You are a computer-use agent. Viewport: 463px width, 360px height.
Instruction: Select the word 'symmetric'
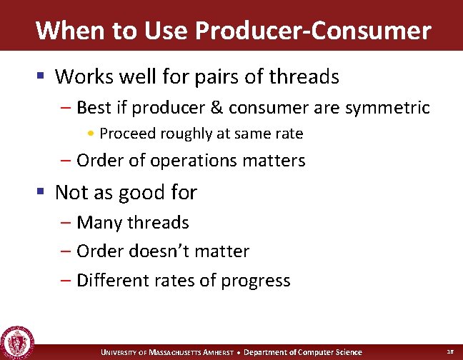388,108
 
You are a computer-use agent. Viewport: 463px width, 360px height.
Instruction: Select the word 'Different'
109,281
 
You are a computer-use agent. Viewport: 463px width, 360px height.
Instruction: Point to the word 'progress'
256,281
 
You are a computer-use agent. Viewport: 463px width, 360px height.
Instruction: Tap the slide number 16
449,351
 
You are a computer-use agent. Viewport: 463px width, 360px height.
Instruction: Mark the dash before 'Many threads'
66,223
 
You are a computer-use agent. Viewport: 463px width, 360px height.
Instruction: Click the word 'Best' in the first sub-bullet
92,108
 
